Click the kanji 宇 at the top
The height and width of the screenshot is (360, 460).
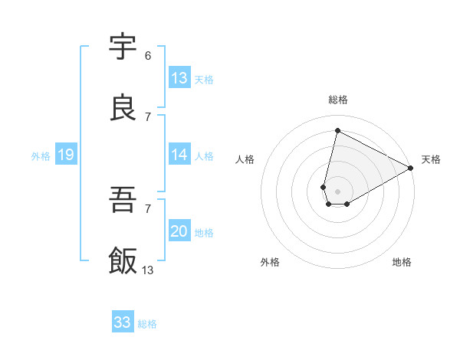pyautogui.click(x=123, y=47)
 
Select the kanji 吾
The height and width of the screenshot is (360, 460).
pyautogui.click(x=123, y=201)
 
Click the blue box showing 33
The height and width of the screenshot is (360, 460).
pyautogui.click(x=123, y=322)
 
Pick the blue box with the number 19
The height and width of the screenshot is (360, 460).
pyautogui.click(x=65, y=155)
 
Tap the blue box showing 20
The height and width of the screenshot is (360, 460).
pyautogui.click(x=179, y=232)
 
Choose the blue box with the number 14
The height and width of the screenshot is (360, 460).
pyautogui.click(x=179, y=155)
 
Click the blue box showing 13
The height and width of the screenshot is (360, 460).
pyautogui.click(x=179, y=78)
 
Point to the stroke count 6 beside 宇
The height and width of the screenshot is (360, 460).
pyautogui.click(x=147, y=55)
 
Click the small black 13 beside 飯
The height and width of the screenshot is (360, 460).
pyautogui.click(x=148, y=270)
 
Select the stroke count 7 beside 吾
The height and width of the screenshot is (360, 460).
pyautogui.click(x=147, y=208)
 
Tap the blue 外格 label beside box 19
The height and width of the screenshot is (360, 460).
pyautogui.click(x=41, y=156)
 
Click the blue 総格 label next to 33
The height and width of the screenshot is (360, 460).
pyautogui.click(x=147, y=324)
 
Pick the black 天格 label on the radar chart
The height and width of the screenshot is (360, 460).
pyautogui.click(x=431, y=159)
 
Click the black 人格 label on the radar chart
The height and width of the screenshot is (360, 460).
pyautogui.click(x=245, y=159)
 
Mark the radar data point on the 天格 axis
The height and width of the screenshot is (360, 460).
pyautogui.click(x=411, y=168)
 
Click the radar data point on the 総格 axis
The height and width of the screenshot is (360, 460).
pyautogui.click(x=337, y=130)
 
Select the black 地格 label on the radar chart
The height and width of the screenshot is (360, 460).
pyautogui.click(x=402, y=262)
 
